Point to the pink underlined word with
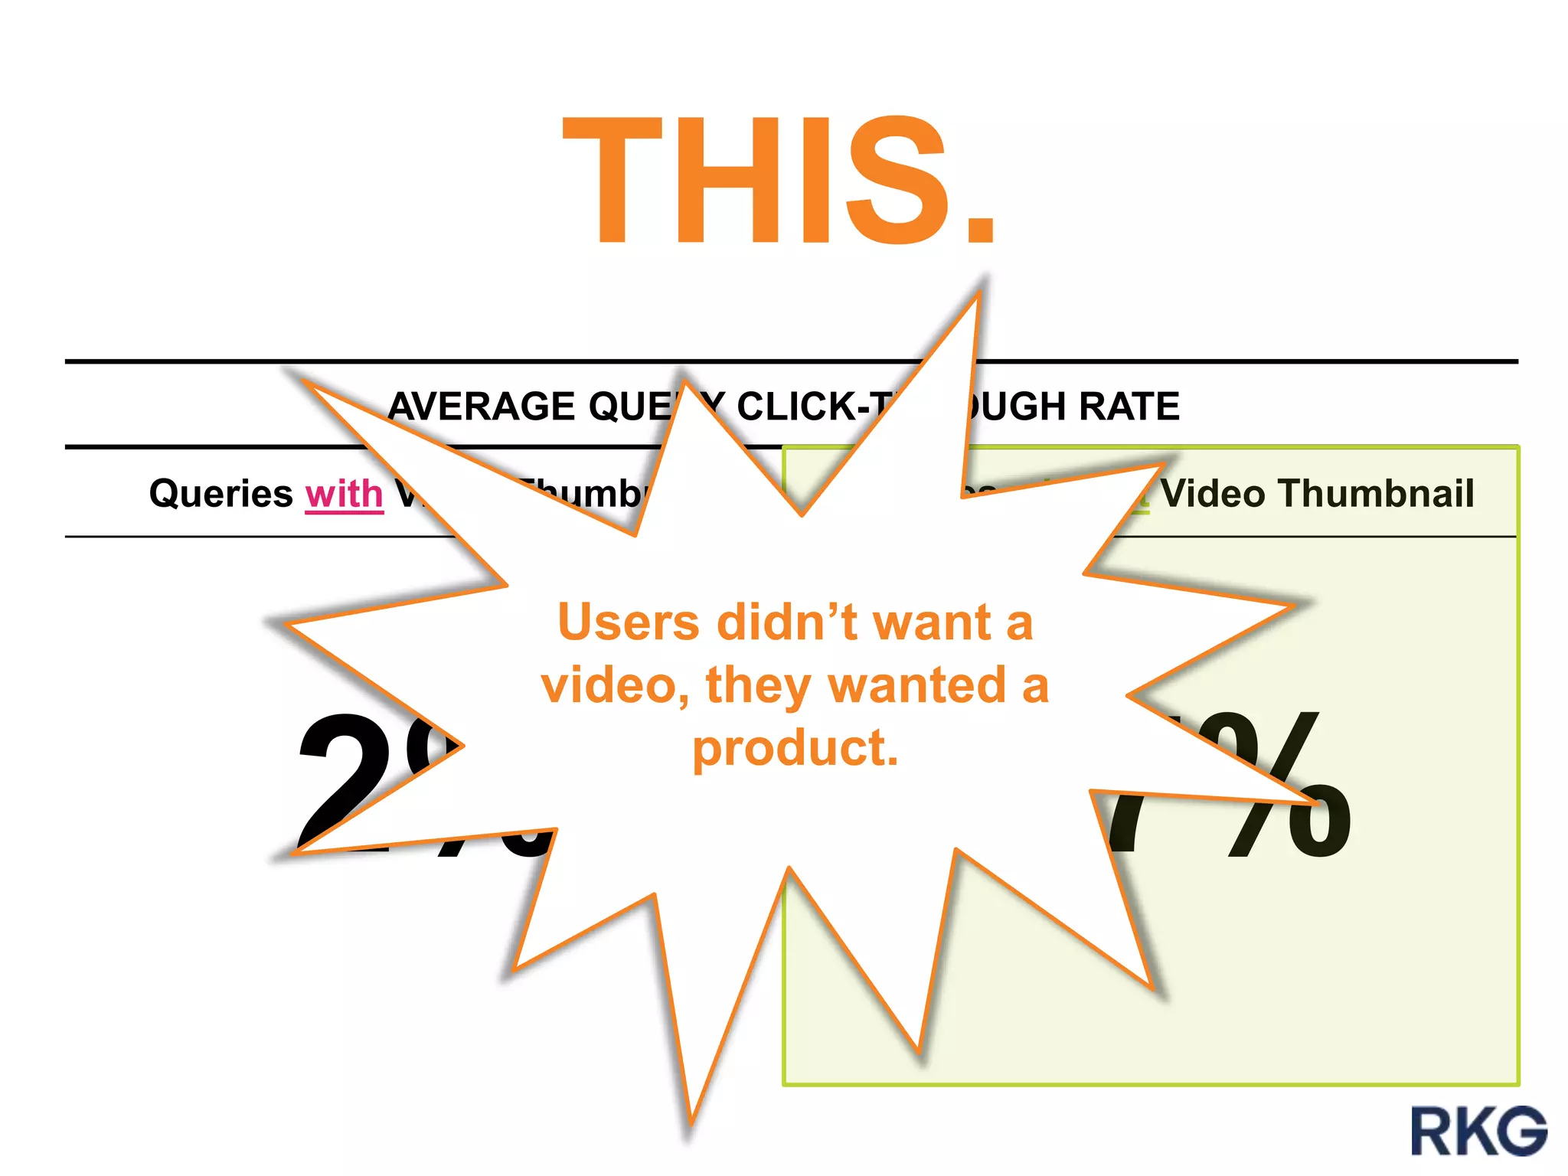[x=344, y=494]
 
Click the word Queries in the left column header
[x=221, y=494]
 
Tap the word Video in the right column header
[x=1211, y=494]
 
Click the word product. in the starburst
[x=795, y=748]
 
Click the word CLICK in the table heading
[x=796, y=407]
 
